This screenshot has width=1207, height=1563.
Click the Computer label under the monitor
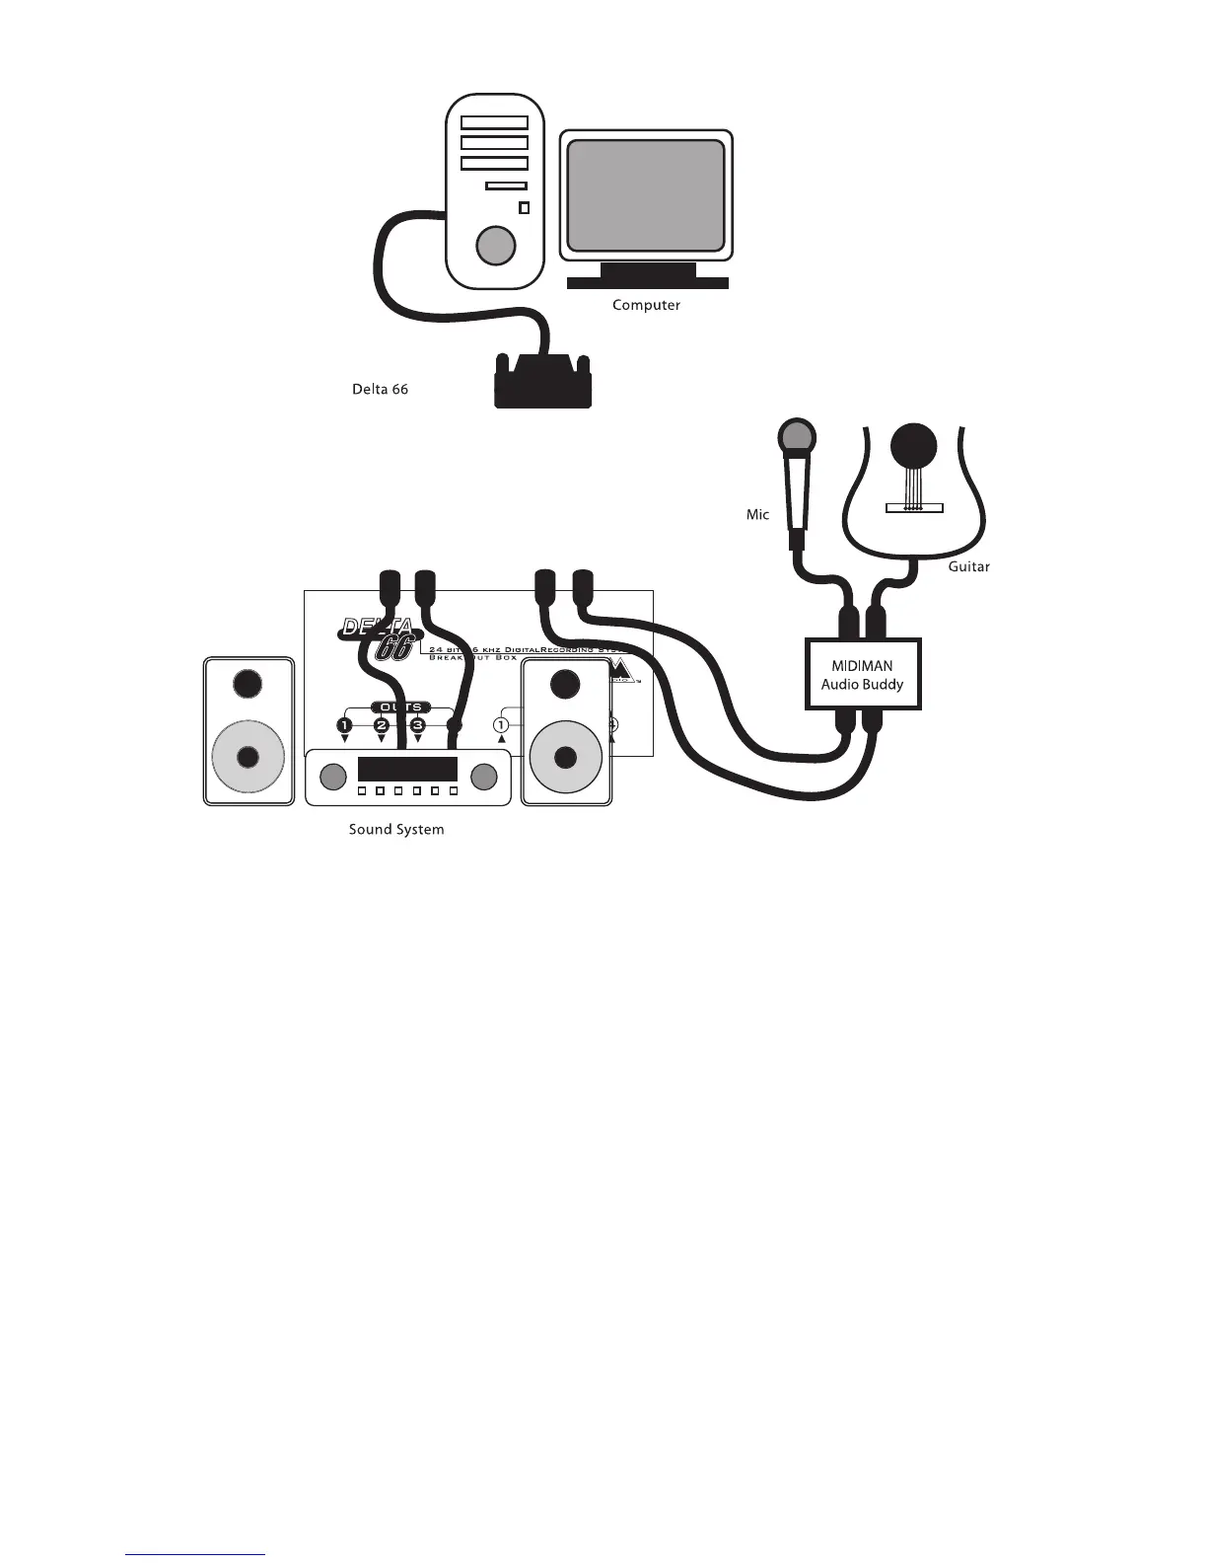(646, 305)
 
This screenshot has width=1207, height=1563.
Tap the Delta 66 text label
(380, 390)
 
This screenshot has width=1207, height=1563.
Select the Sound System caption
(396, 830)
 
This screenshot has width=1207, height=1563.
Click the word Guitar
(968, 567)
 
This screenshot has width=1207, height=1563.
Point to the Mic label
(757, 515)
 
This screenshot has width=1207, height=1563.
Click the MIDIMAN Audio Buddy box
(863, 675)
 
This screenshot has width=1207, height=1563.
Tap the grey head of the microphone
(796, 436)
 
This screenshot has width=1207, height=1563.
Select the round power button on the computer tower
(495, 245)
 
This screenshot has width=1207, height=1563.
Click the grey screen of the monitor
(646, 194)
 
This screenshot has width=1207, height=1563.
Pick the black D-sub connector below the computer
(542, 382)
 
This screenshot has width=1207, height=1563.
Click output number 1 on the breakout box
(344, 725)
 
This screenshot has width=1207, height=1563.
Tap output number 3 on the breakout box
(417, 725)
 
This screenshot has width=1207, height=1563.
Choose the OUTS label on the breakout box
(401, 707)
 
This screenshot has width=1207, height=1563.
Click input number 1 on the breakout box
(500, 725)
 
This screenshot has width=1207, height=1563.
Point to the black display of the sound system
(407, 770)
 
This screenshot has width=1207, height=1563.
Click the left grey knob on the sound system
(333, 777)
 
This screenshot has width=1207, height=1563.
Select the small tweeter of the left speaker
(248, 683)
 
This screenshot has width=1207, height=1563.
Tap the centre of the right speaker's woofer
(565, 757)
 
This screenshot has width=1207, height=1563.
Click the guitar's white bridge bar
(914, 508)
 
